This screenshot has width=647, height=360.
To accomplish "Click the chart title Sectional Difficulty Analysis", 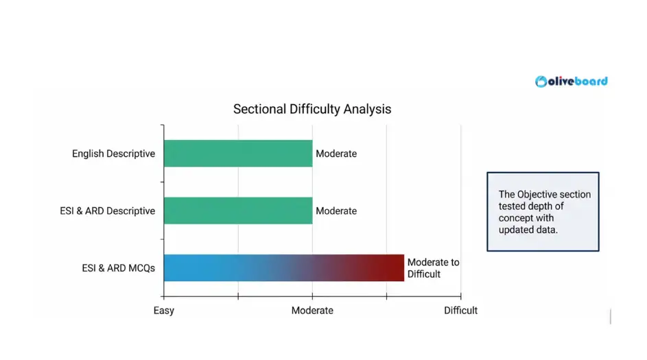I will click(312, 109).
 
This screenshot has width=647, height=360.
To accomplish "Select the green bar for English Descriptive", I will click(238, 154).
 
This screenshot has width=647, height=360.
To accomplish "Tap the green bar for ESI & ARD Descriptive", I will click(238, 211).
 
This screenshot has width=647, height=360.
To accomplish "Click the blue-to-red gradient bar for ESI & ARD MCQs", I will click(284, 267).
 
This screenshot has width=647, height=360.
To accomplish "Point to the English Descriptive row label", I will click(113, 154).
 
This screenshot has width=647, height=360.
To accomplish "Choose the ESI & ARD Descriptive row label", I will click(107, 211).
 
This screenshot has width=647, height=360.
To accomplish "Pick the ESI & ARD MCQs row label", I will click(118, 267).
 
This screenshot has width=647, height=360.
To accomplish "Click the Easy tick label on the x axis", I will click(164, 310).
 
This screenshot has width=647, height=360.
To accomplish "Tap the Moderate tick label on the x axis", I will click(312, 310).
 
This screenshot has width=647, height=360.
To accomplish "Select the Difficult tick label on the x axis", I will click(460, 310).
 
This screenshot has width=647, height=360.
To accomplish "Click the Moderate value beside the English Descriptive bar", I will click(336, 154).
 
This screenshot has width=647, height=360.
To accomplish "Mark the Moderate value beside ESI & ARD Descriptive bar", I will click(336, 211).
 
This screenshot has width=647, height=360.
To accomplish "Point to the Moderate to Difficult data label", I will click(433, 268).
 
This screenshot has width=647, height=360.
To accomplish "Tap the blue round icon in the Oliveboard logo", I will click(542, 82).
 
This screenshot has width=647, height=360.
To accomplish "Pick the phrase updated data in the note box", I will click(528, 230).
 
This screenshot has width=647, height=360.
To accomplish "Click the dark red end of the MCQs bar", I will click(397, 267).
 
